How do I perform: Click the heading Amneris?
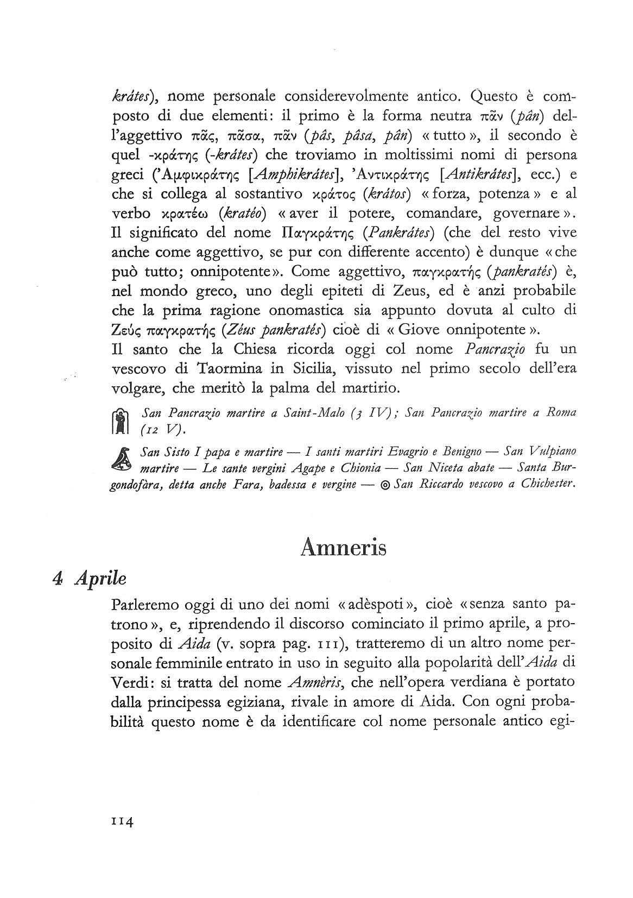pos(343,547)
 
